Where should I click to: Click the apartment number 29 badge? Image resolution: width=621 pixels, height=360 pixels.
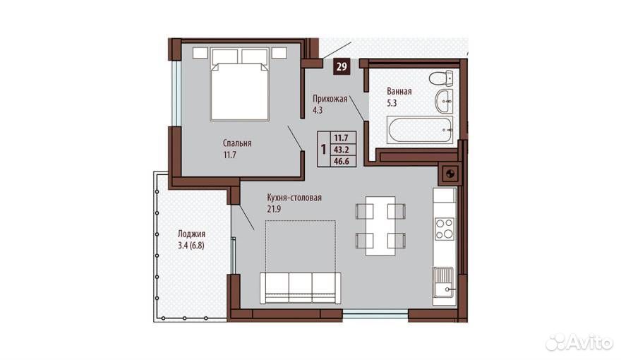point(342,66)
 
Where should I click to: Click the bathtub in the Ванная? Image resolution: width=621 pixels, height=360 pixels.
point(420,129)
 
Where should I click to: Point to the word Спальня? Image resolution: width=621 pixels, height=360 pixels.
point(237,143)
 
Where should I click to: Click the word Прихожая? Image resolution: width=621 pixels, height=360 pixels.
point(330,99)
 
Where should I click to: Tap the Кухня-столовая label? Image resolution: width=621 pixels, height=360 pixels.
point(294,198)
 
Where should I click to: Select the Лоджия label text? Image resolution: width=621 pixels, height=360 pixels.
point(191,234)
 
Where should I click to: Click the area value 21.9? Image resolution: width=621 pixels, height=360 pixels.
point(274,209)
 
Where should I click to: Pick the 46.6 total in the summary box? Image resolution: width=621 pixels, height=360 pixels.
point(341,161)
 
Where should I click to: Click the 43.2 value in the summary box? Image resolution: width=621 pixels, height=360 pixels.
point(341,150)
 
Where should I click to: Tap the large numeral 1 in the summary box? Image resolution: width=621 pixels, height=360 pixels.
point(324,150)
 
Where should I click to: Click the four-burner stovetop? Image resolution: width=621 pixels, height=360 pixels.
point(444,229)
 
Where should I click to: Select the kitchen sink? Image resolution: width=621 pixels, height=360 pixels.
point(444,282)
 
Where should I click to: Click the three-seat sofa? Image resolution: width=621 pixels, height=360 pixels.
point(300,288)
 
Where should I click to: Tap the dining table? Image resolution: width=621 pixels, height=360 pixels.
point(380,226)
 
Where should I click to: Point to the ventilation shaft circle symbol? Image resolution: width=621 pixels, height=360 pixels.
point(450,173)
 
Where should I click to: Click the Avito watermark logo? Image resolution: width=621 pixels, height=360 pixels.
point(579,342)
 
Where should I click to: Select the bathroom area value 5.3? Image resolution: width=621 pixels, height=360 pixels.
point(392,103)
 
